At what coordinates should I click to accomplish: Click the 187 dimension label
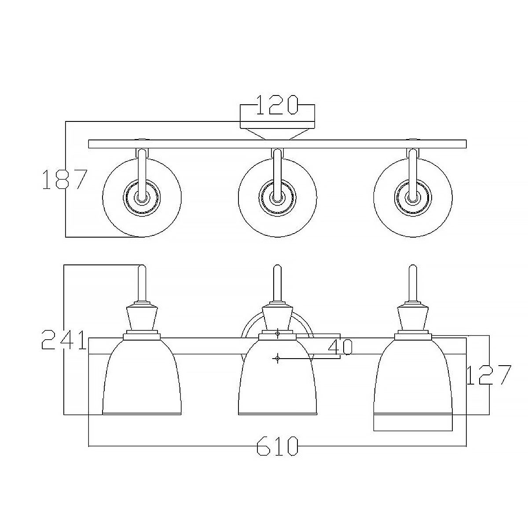tap(62, 180)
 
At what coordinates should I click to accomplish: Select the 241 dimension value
tap(63, 340)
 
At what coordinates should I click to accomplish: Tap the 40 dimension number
tap(341, 348)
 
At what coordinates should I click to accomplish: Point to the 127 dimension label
tap(488, 375)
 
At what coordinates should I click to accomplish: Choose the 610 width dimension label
tap(277, 446)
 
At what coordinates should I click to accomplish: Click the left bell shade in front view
tap(142, 378)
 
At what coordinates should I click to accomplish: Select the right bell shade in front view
tap(413, 378)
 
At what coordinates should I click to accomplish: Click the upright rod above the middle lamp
tap(277, 284)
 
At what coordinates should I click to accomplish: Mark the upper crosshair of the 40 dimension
tap(277, 335)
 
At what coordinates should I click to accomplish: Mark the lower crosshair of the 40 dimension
tap(277, 359)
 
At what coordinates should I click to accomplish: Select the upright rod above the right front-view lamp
tap(413, 284)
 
